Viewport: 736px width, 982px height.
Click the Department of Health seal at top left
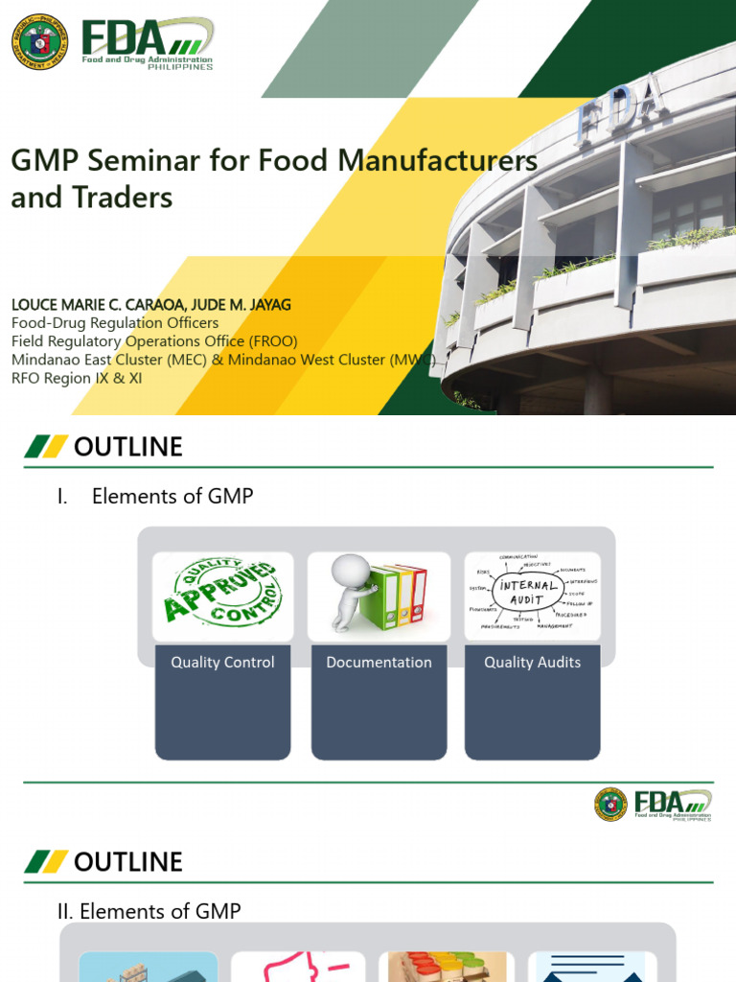[x=39, y=41]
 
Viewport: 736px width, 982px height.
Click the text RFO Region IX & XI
[x=77, y=378]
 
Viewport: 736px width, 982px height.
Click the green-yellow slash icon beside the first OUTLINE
[x=46, y=447]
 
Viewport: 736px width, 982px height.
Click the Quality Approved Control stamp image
[x=222, y=596]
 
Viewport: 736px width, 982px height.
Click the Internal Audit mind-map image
[x=532, y=596]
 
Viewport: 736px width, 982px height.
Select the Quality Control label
[x=222, y=663]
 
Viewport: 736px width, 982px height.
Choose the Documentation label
[x=379, y=663]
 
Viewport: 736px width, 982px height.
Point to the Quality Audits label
[x=532, y=663]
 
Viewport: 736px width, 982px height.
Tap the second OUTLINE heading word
[x=127, y=862]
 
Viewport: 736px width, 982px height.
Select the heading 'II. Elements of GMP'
[x=149, y=911]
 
